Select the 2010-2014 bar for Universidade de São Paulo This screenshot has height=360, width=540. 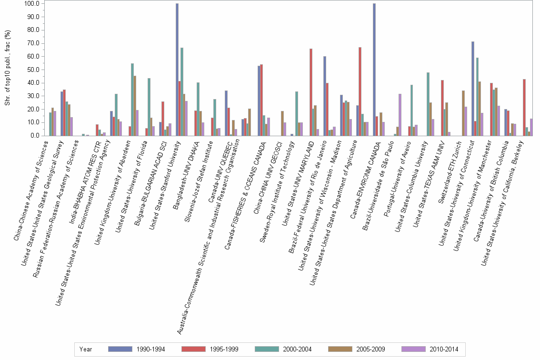[x=400, y=115]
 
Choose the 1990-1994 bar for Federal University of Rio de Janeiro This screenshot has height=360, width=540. [x=325, y=96]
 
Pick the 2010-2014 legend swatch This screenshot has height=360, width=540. [x=413, y=349]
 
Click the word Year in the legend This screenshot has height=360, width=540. [x=86, y=349]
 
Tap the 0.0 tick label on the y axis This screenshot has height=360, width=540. [x=35, y=136]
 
